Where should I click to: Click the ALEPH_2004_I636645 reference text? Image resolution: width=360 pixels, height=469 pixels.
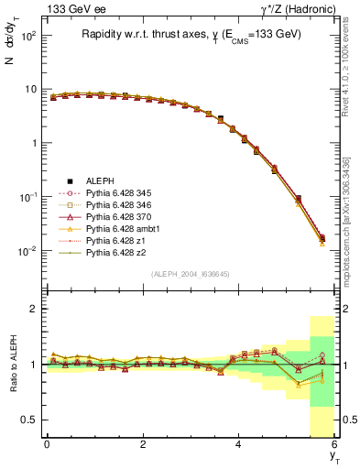[x=190, y=274]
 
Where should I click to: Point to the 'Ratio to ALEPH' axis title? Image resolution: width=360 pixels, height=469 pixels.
[x=13, y=365]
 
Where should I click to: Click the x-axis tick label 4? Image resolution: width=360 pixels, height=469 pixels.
[x=238, y=444]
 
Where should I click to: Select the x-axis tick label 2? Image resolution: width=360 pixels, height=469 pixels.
[x=142, y=444]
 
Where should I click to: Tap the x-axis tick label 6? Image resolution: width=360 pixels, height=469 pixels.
[x=334, y=444]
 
